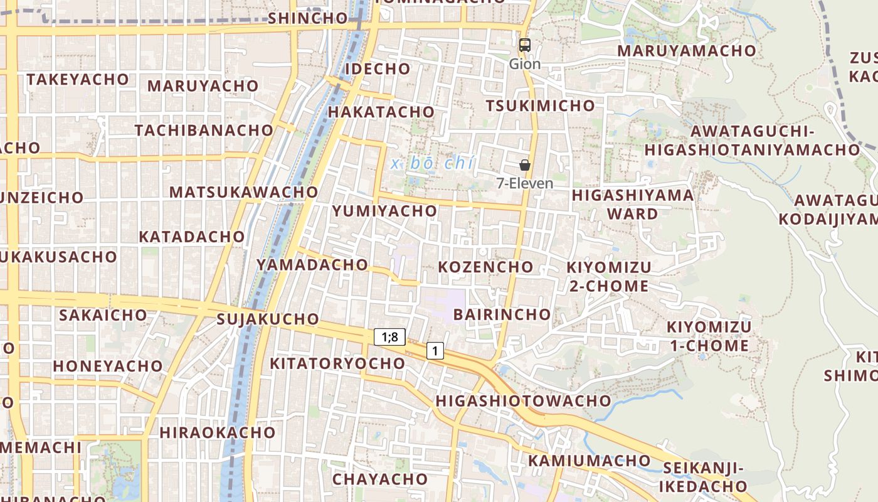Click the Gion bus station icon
525,45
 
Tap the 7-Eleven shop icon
525,165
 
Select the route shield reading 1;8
389,337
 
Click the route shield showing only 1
435,351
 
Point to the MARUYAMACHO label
687,51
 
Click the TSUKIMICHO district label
540,105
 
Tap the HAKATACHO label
381,112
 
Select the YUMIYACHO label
384,211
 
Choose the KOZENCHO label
485,267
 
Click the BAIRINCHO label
502,314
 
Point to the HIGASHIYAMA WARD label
633,205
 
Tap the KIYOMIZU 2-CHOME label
609,277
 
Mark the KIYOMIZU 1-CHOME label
708,336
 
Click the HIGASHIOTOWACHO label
523,400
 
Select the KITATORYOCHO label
337,363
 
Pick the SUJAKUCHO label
268,319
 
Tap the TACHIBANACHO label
204,131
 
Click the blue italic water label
432,164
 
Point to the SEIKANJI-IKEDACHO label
703,477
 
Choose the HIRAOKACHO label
217,432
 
